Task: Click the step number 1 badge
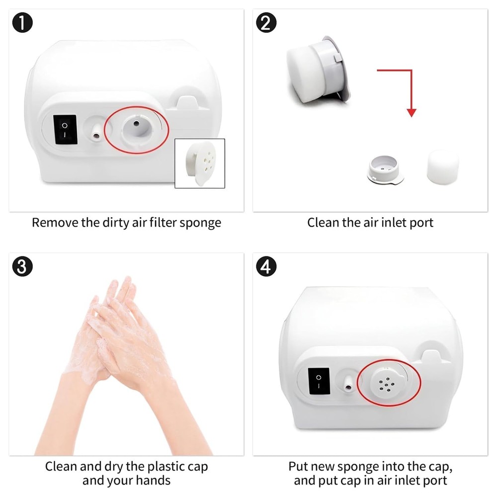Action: [x=22, y=22]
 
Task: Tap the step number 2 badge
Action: [x=266, y=22]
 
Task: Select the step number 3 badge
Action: [x=22, y=266]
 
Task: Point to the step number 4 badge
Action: [x=266, y=266]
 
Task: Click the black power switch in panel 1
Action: [x=65, y=130]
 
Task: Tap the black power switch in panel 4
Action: [x=319, y=381]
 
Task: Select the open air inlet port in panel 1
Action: [x=137, y=130]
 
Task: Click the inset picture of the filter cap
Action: [x=200, y=163]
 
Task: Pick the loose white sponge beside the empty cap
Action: [x=443, y=167]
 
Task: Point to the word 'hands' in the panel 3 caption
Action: [x=154, y=480]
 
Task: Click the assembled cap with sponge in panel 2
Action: [x=318, y=70]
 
